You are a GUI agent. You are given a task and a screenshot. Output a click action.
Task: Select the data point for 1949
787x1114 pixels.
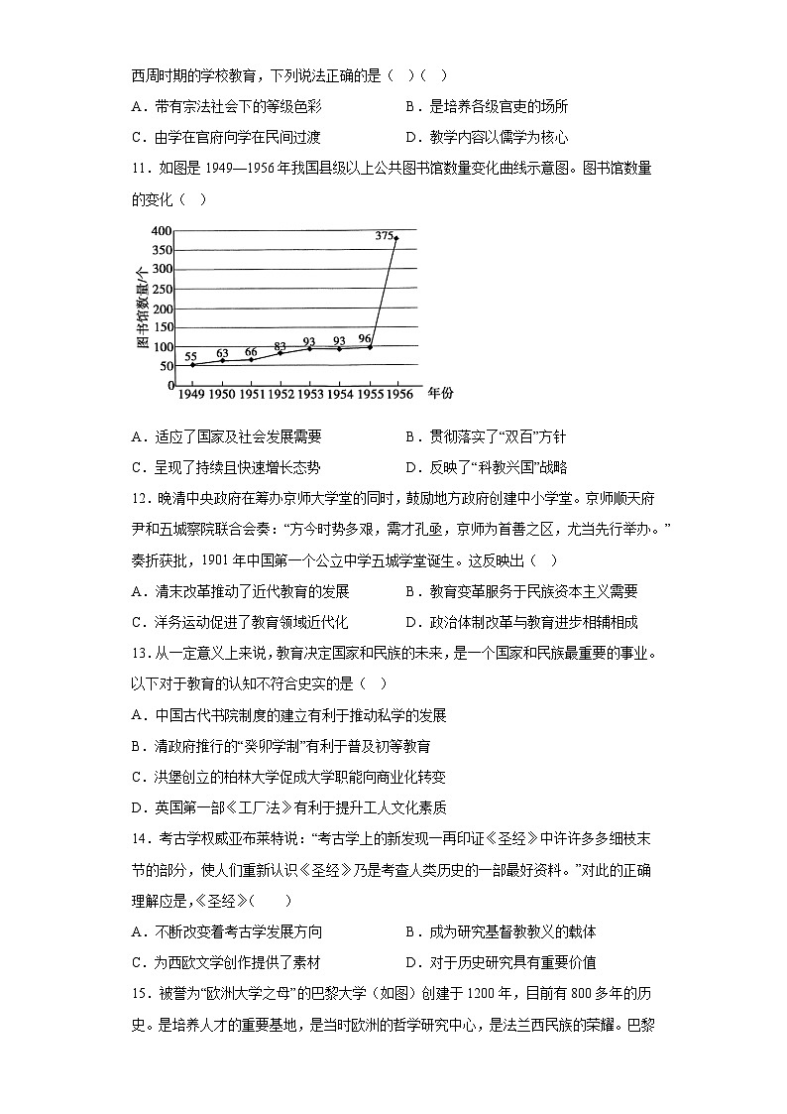point(191,365)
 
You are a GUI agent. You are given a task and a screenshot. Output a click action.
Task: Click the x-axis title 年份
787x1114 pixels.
point(440,394)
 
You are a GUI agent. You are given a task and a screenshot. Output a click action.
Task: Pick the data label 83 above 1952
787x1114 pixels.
point(280,346)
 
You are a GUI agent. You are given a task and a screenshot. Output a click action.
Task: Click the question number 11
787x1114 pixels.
point(139,169)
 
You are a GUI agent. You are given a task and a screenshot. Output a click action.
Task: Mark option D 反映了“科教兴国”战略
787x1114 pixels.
point(486,467)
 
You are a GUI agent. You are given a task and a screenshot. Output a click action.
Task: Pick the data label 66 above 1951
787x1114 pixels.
point(251,352)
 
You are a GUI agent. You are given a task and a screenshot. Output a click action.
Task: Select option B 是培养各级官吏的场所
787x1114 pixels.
point(486,107)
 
